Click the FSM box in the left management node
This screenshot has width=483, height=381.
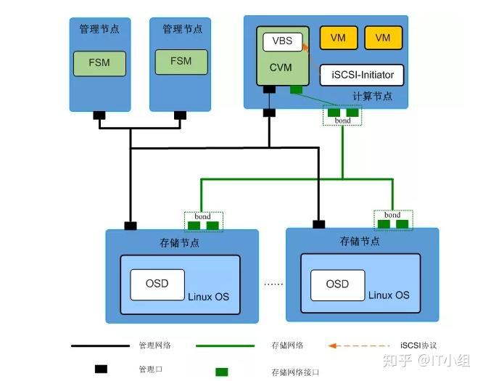pos(99,62)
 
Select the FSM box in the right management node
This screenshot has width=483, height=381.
pos(181,62)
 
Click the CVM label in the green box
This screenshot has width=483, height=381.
pos(280,66)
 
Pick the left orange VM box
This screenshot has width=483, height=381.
pos(338,38)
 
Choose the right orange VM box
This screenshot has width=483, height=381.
pos(383,38)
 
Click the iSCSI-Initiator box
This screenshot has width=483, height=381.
pos(362,75)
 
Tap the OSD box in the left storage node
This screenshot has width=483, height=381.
pos(157,283)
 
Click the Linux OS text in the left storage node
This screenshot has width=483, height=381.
pos(208,297)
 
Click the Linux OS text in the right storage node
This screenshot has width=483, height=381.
pos(389,295)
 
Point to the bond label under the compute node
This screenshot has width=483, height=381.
pos(342,120)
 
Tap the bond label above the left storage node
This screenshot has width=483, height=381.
pos(202,216)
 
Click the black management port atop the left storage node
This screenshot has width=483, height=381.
pos(131,226)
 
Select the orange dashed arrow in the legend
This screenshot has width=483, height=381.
pos(352,345)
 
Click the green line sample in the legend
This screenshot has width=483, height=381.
pos(225,346)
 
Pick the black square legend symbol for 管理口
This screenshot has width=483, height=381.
pos(102,369)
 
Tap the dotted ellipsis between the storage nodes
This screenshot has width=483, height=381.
pos(272,284)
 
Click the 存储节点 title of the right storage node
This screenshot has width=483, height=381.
pos(360,241)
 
